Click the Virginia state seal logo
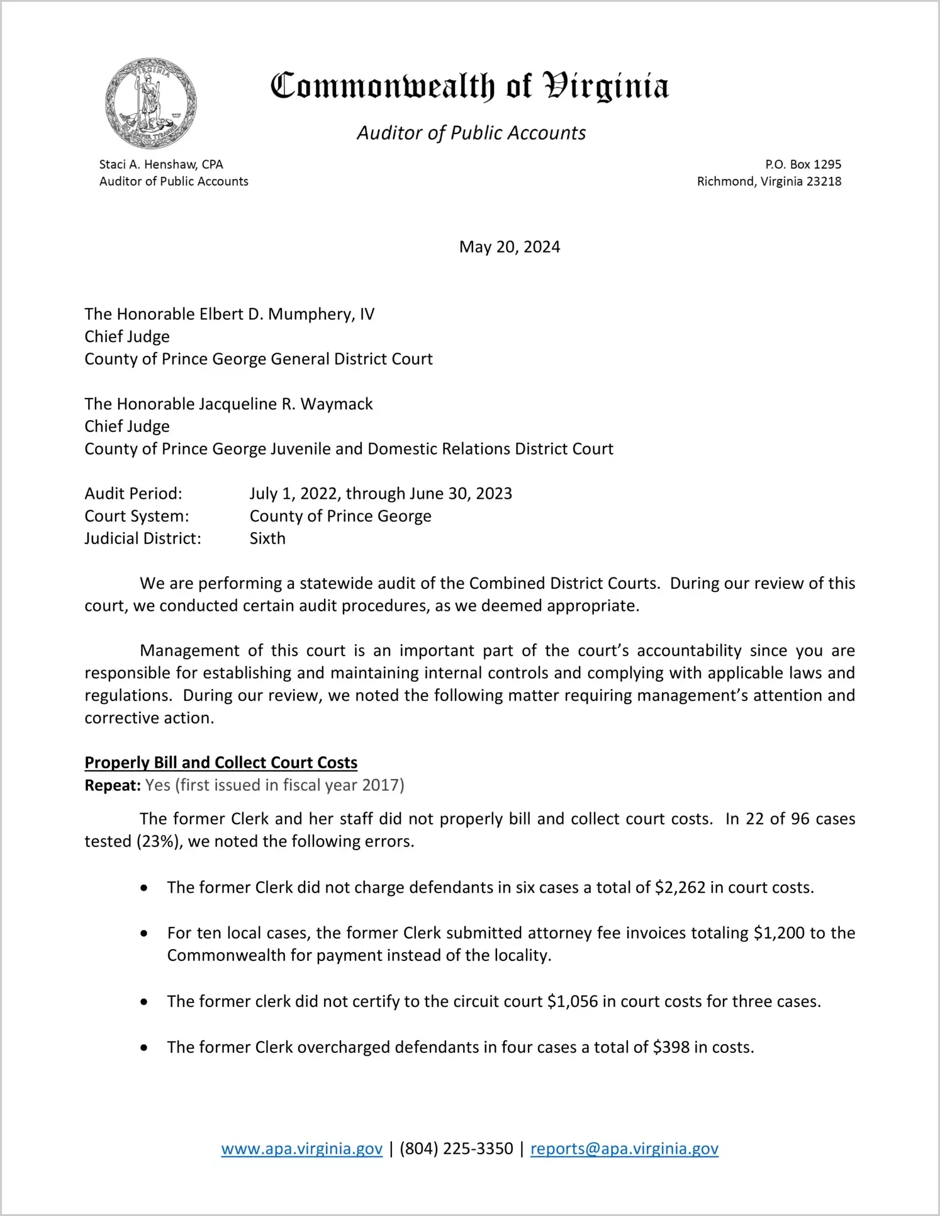[x=150, y=103]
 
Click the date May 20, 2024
[x=509, y=247]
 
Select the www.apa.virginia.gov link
[x=301, y=1149]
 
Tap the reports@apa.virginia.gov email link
[x=624, y=1149]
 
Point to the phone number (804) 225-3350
[x=456, y=1149]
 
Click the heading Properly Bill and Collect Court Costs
[x=221, y=763]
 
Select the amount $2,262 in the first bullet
[x=680, y=887]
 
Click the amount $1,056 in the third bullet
[x=573, y=1001]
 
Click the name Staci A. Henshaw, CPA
[x=161, y=164]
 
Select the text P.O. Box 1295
[x=803, y=164]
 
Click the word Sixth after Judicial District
[x=267, y=538]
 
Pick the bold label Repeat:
[x=113, y=785]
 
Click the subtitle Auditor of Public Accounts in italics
[x=471, y=133]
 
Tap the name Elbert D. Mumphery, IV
[x=287, y=314]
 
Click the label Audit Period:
[x=133, y=493]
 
